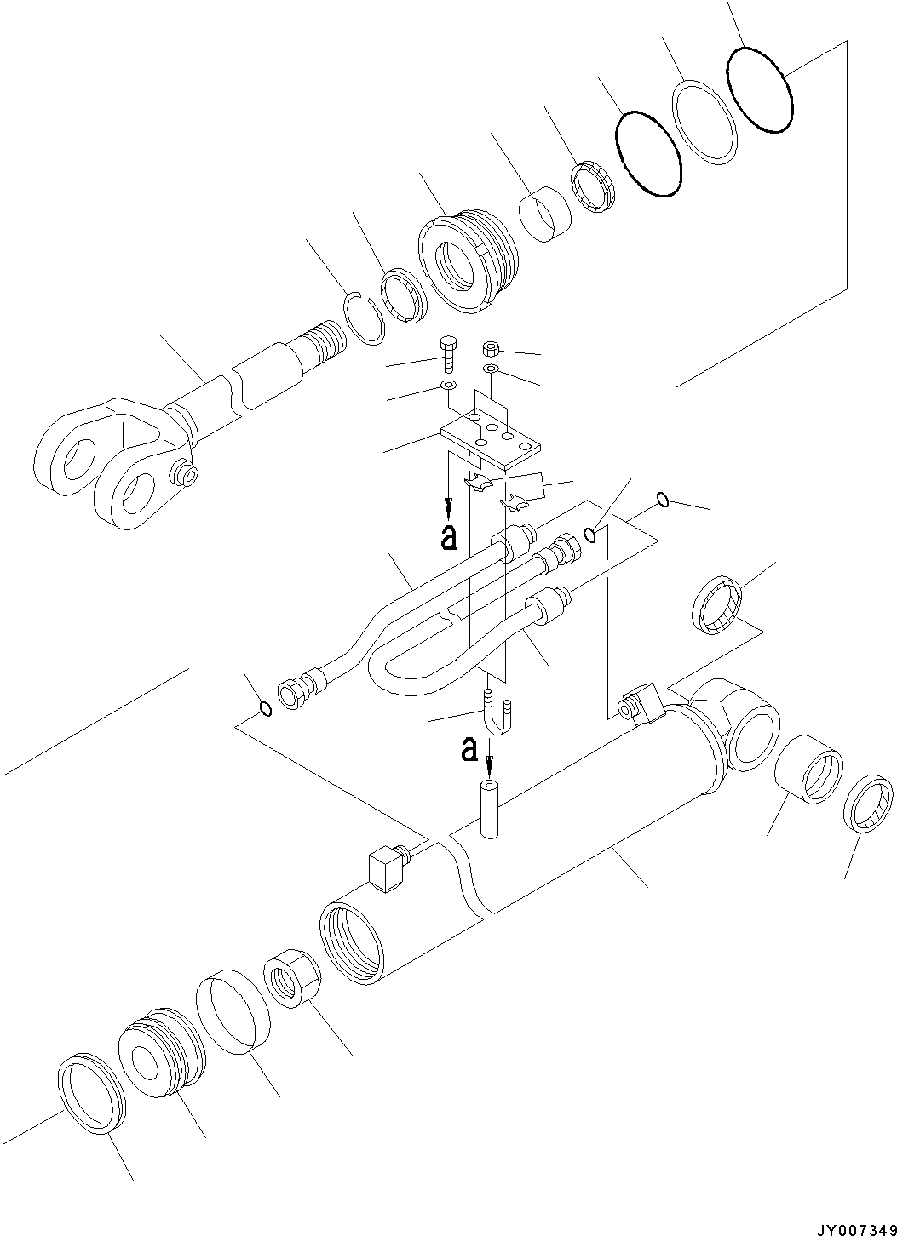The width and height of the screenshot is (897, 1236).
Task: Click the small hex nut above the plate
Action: click(x=491, y=349)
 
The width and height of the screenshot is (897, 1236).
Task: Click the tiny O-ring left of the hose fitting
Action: click(x=266, y=708)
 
